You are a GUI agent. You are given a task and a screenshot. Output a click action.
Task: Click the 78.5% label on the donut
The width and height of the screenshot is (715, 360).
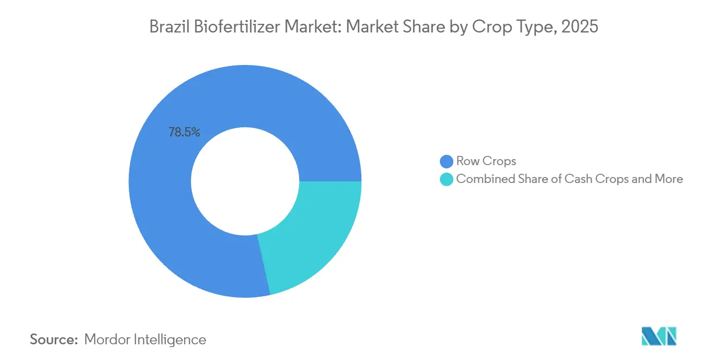pyautogui.click(x=184, y=132)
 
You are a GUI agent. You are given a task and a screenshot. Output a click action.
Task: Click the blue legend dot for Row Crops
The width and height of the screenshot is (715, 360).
pyautogui.click(x=446, y=161)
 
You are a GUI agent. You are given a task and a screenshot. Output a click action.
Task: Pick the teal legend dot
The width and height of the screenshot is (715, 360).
pyautogui.click(x=446, y=179)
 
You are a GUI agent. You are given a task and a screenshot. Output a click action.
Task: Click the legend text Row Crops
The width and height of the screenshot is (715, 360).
pyautogui.click(x=486, y=161)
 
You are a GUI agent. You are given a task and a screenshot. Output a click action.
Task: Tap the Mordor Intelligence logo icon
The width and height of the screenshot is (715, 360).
pyautogui.click(x=659, y=336)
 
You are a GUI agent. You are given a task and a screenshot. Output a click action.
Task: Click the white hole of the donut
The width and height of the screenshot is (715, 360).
pyautogui.click(x=245, y=181)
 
